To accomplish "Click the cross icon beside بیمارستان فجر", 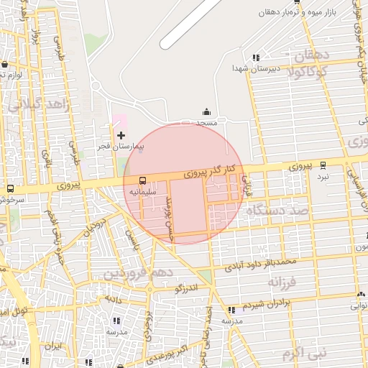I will (121, 135).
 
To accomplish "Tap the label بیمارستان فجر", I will (121, 147).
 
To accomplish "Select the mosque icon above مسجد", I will (207, 111).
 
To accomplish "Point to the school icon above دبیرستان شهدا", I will (256, 57).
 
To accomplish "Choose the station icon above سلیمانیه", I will (142, 180).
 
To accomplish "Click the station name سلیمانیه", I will (140, 192).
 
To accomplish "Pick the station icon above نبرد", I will (323, 165).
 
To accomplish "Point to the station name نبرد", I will (323, 176).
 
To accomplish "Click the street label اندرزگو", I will (185, 289).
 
